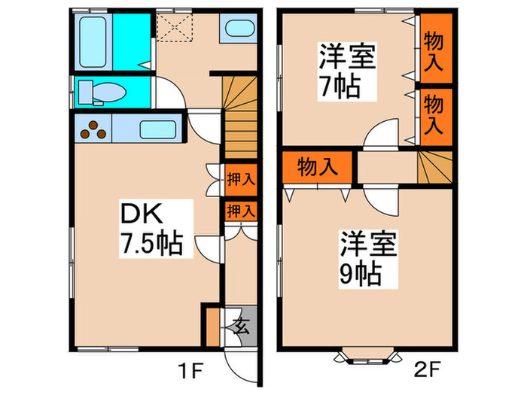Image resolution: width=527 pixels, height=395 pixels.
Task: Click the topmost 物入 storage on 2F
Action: [x=436, y=47]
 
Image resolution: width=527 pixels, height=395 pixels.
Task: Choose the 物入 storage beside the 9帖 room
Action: [x=317, y=167]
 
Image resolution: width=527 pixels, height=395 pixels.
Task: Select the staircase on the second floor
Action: [x=434, y=166]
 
